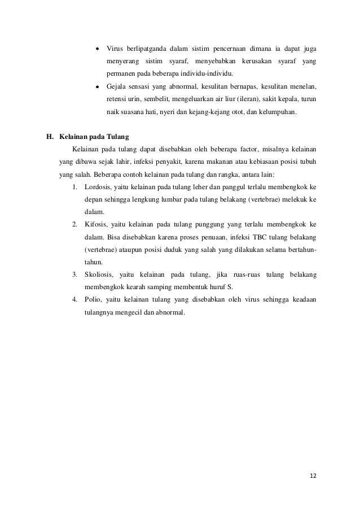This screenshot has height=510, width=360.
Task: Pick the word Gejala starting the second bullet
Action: coord(117,87)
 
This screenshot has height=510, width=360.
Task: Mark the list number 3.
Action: coord(75,274)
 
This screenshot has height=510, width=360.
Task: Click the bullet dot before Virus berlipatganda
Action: coord(97,46)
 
